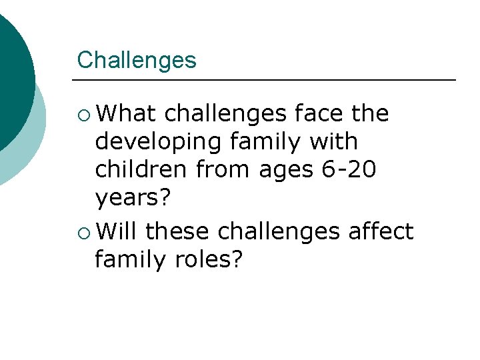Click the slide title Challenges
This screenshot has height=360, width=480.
[137, 60]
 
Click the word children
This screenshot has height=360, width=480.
[141, 169]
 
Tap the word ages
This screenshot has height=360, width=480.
[283, 171]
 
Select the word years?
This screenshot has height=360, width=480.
[133, 199]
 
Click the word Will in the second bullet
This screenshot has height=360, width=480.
[117, 231]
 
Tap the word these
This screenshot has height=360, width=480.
[177, 231]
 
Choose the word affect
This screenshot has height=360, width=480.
[382, 231]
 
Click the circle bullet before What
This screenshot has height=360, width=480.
[83, 114]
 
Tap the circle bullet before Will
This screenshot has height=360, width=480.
[83, 232]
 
